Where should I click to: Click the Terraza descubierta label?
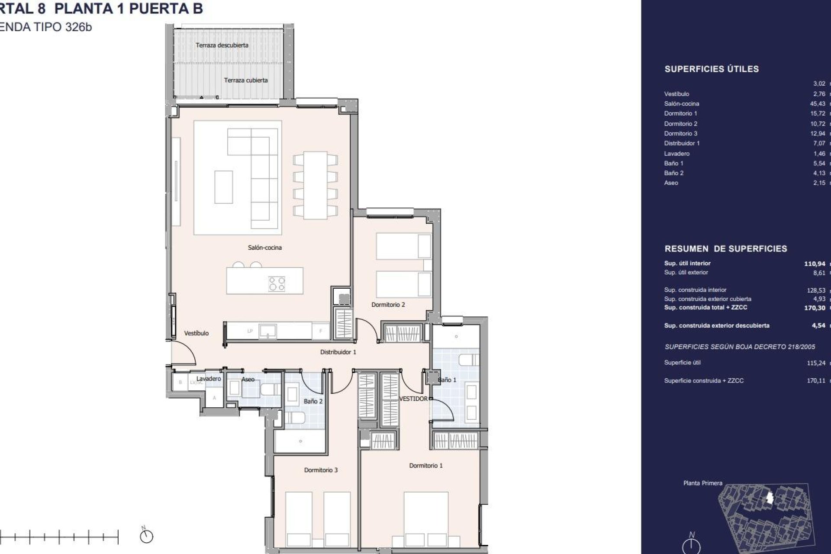222,45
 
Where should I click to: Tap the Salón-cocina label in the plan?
264,248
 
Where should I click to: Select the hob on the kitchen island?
277,284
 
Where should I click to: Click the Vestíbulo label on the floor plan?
196,333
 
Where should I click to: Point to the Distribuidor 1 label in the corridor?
338,352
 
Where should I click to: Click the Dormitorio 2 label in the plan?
388,305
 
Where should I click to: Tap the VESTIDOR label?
413,399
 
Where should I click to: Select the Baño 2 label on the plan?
313,401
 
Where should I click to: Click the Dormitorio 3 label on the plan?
321,470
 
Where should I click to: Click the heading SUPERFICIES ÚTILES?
712,69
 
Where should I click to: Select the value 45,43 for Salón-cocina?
818,104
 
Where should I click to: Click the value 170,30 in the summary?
815,308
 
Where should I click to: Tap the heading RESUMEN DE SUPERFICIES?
725,249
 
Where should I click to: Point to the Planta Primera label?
702,483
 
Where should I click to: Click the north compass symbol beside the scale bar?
147,537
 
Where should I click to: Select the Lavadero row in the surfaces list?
677,154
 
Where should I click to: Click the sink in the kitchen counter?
268,332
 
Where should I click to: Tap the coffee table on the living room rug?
223,187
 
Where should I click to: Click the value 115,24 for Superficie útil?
816,364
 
